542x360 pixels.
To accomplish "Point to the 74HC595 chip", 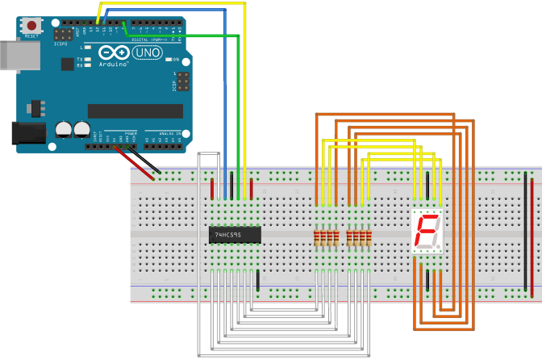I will pos(234,235).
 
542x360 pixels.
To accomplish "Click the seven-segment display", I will pos(427,233).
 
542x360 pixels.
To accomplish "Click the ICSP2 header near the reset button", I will pos(61,36).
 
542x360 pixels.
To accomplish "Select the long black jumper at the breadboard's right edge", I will pos(526,234).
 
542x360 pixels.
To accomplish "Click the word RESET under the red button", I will pos(32,36).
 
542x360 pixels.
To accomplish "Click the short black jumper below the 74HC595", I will pos(257,281).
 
